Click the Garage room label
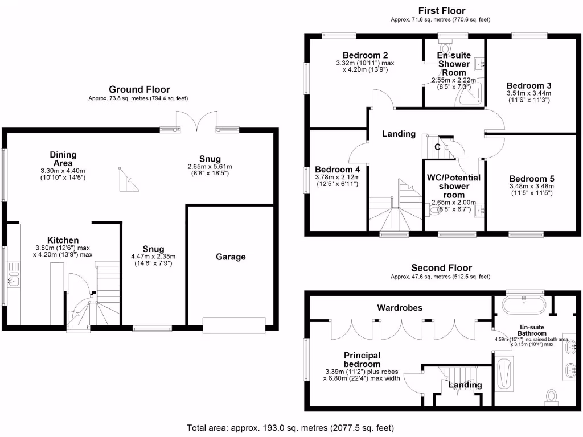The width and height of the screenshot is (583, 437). (x=231, y=257)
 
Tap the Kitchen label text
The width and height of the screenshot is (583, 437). (x=63, y=240)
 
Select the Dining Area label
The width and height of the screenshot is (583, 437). (x=63, y=159)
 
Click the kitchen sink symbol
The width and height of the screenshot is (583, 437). (x=14, y=279)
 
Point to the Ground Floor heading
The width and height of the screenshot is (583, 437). (x=139, y=89)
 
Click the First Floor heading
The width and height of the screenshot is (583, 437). (x=441, y=10)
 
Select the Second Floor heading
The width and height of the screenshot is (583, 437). (x=441, y=268)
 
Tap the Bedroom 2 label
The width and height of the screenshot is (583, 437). (x=366, y=55)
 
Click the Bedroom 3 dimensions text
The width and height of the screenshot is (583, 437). (x=529, y=97)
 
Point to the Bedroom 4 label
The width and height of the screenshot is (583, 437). (x=337, y=170)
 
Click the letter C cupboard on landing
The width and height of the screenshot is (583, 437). (x=437, y=147)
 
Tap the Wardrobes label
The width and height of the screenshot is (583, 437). (x=400, y=308)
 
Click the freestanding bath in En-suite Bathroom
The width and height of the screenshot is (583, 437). (x=523, y=306)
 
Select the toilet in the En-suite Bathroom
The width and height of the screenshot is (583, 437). (x=551, y=395)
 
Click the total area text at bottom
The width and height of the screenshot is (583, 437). (x=290, y=427)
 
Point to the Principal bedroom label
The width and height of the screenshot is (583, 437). (x=362, y=360)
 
